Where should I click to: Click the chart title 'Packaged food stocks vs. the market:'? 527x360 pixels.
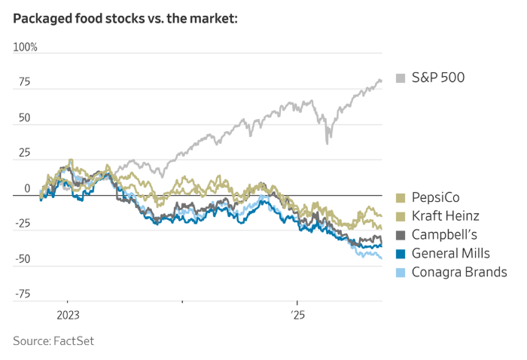125,19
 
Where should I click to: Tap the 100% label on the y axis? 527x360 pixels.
25,47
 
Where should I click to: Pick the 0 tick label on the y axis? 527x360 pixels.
27,189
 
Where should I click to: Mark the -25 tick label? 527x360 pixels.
22,224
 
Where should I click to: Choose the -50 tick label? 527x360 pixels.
22,260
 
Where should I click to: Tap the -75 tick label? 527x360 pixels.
22,294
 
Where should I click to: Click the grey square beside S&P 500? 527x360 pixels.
401,78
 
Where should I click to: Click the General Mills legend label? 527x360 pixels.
451,254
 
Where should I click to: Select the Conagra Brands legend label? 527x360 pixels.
459,273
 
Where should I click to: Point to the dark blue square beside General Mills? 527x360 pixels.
401,254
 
